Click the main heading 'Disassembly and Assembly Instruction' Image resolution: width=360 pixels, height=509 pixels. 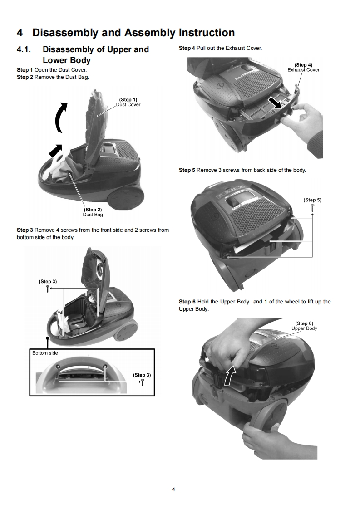[x=133, y=33]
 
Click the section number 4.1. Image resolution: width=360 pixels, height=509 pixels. [x=24, y=49]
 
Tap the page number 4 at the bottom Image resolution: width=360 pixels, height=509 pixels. [x=173, y=489]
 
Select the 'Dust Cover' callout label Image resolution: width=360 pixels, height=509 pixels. [x=128, y=104]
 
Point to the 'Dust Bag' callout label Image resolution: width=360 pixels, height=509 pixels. [x=93, y=215]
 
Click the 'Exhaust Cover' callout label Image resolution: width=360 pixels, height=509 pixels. [x=303, y=70]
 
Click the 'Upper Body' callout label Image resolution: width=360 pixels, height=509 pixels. [x=304, y=328]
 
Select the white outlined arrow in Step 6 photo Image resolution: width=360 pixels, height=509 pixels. [x=229, y=374]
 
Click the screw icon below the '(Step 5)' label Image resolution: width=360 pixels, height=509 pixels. [x=312, y=207]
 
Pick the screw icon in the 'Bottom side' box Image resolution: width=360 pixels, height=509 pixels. [x=143, y=382]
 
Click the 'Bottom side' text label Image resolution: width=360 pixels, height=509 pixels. [x=45, y=353]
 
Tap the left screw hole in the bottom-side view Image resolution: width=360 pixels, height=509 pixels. [x=58, y=367]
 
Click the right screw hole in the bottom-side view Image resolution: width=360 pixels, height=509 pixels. [x=104, y=367]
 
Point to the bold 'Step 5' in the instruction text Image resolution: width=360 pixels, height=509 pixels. [x=187, y=170]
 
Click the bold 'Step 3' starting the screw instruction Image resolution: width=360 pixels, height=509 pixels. [x=25, y=230]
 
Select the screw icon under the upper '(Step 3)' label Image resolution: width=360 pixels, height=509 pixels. [x=48, y=289]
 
